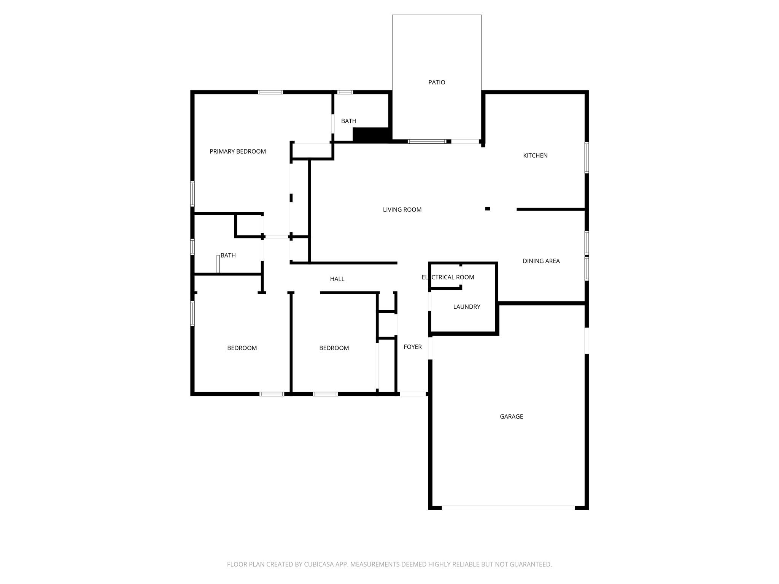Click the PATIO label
[437, 82]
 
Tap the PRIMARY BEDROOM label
[238, 151]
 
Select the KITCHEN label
[535, 156]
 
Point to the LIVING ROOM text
[402, 209]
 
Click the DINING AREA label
[541, 261]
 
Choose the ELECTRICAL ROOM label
[448, 277]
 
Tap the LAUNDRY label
[467, 307]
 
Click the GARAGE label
[511, 417]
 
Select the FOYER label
[412, 347]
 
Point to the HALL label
[337, 279]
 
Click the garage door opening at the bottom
[508, 508]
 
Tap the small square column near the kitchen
[488, 209]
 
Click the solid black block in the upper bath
[370, 135]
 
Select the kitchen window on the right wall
[587, 157]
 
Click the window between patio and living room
[427, 141]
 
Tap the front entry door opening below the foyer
[413, 394]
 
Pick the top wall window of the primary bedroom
[270, 92]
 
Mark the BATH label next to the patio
[348, 121]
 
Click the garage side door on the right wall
[587, 341]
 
